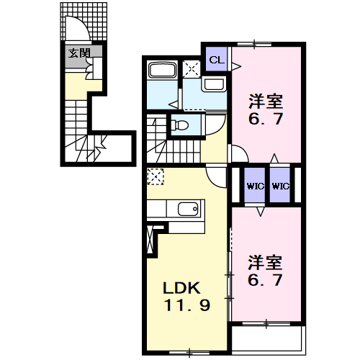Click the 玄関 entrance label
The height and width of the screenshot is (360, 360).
79,53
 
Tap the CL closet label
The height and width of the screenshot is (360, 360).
217,60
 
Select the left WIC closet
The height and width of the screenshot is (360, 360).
255,185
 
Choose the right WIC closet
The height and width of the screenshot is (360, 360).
280,185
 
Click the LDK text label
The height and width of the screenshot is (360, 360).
181,288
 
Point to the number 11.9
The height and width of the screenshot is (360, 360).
187,305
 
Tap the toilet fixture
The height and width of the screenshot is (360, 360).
179,125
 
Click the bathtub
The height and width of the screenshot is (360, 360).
162,70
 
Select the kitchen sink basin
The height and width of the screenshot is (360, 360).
188,209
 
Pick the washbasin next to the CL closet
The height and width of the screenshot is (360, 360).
214,84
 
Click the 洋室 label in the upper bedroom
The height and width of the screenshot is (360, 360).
266,102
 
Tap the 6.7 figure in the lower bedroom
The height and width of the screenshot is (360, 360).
265,280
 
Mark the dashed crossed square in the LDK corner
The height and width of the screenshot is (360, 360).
156,177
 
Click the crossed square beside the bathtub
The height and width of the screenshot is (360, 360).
192,69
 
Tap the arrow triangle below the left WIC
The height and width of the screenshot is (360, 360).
261,212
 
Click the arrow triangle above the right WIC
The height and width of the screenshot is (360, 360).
274,158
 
